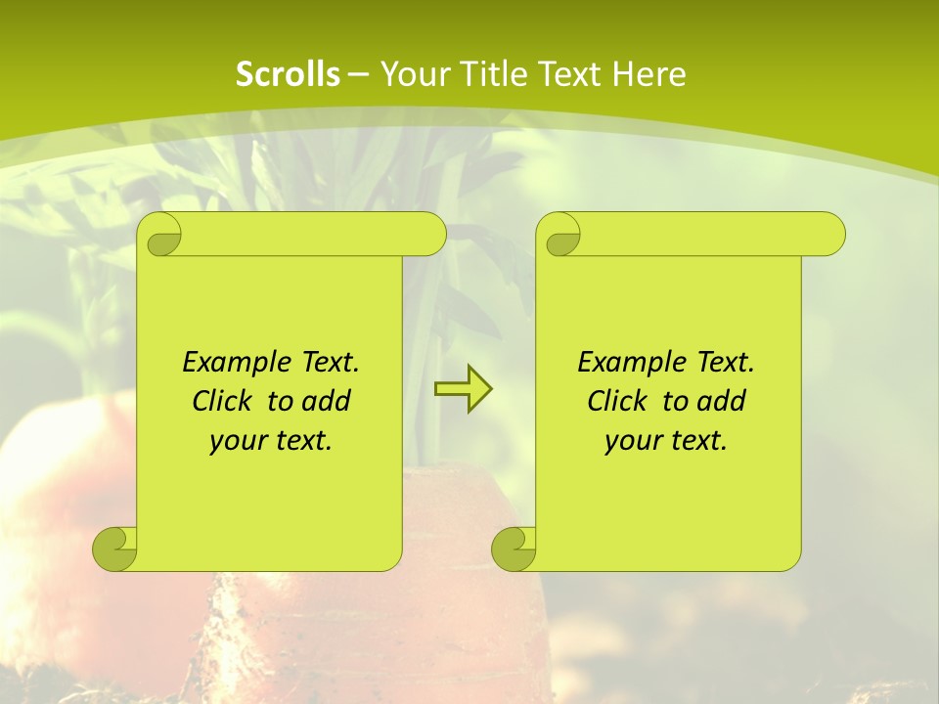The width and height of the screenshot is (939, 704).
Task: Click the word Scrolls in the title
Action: (289, 74)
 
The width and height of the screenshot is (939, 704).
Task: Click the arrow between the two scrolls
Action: (463, 389)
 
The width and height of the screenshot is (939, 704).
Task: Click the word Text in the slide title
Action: (568, 74)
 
